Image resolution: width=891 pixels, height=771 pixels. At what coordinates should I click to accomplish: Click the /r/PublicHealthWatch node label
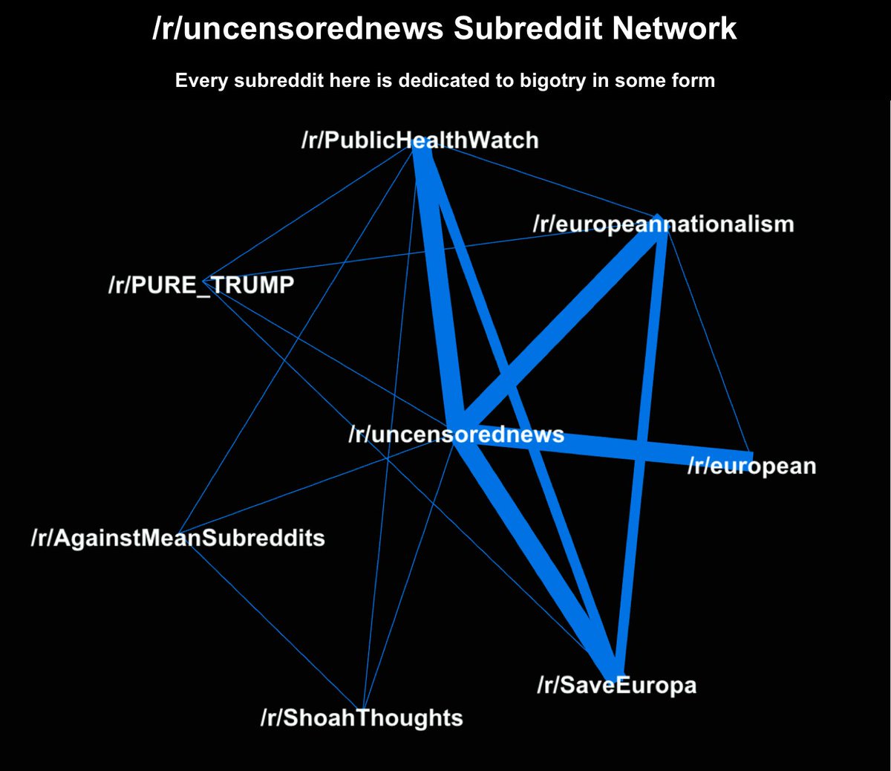[420, 140]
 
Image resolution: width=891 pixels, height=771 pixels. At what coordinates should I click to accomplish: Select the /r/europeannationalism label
[663, 224]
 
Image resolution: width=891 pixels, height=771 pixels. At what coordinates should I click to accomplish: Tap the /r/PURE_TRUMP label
[201, 284]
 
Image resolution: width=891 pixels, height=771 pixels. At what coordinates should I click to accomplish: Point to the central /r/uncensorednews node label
[456, 434]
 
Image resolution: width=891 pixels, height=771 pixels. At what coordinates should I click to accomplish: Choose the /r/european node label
[751, 466]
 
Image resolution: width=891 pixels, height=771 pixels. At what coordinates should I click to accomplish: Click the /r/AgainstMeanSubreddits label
[177, 537]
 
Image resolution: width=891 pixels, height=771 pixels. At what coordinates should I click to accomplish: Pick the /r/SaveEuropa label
[616, 684]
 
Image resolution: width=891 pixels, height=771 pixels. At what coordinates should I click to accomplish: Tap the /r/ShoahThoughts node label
[362, 718]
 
